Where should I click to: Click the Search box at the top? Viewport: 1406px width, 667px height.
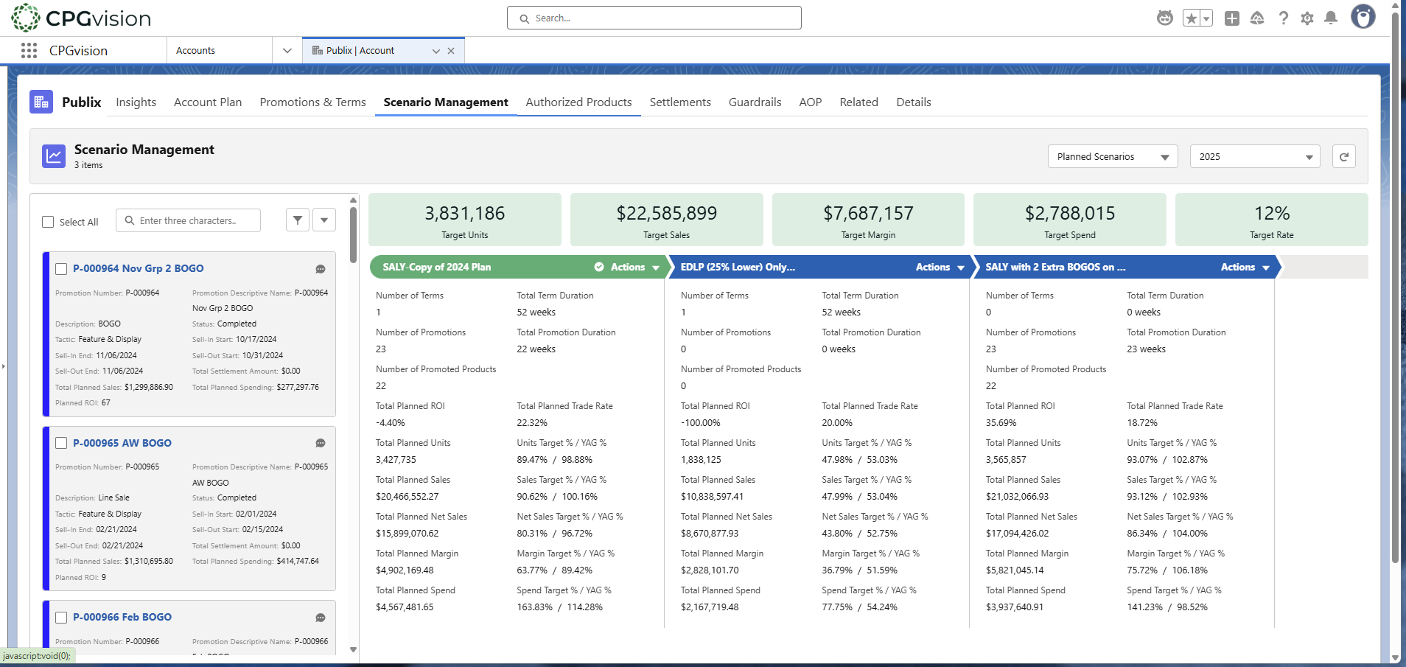point(654,18)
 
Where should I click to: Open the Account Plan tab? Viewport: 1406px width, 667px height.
point(208,102)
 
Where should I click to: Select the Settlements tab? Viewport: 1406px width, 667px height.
point(679,102)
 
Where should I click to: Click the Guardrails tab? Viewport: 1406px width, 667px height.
point(755,102)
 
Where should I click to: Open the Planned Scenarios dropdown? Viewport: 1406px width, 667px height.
point(1113,157)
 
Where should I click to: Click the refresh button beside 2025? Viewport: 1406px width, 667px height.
point(1343,157)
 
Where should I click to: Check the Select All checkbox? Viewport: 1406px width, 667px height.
point(49,222)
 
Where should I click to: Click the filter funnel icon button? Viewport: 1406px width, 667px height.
point(297,220)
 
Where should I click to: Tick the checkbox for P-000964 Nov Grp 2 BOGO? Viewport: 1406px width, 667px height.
point(62,269)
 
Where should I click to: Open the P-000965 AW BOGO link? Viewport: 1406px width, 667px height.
point(122,443)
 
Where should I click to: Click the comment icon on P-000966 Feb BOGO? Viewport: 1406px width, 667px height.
point(321,618)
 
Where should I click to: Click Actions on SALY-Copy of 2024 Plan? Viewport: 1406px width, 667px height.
point(634,268)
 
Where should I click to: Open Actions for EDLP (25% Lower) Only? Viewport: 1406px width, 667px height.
point(940,268)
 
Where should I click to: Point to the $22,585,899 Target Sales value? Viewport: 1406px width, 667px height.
point(666,214)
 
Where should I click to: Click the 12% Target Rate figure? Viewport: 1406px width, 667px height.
point(1271,214)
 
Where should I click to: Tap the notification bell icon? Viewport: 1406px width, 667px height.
point(1331,18)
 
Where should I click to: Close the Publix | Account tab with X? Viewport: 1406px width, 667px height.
point(451,51)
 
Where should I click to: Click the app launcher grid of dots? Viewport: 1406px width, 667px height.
point(29,51)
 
